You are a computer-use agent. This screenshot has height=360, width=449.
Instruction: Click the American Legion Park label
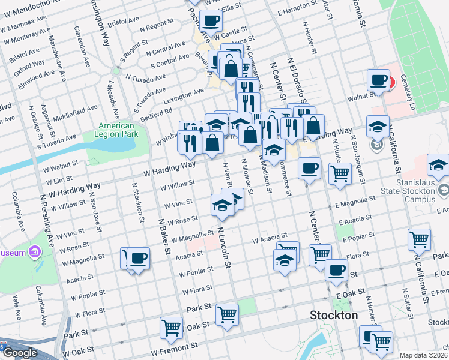click(x=116, y=130)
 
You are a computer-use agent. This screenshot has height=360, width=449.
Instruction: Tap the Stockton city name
click(x=333, y=315)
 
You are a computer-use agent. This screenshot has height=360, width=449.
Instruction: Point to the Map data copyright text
click(x=424, y=355)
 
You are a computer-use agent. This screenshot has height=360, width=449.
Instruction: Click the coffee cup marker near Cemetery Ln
click(x=379, y=80)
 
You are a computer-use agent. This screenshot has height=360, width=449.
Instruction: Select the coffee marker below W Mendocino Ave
click(x=210, y=21)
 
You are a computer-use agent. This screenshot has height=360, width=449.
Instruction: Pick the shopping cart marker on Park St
click(x=227, y=314)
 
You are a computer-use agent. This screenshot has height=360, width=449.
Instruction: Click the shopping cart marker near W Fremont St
click(x=172, y=328)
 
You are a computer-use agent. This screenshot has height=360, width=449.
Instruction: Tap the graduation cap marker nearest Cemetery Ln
click(x=378, y=126)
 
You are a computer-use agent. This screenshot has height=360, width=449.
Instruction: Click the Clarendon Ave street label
click(x=80, y=46)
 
